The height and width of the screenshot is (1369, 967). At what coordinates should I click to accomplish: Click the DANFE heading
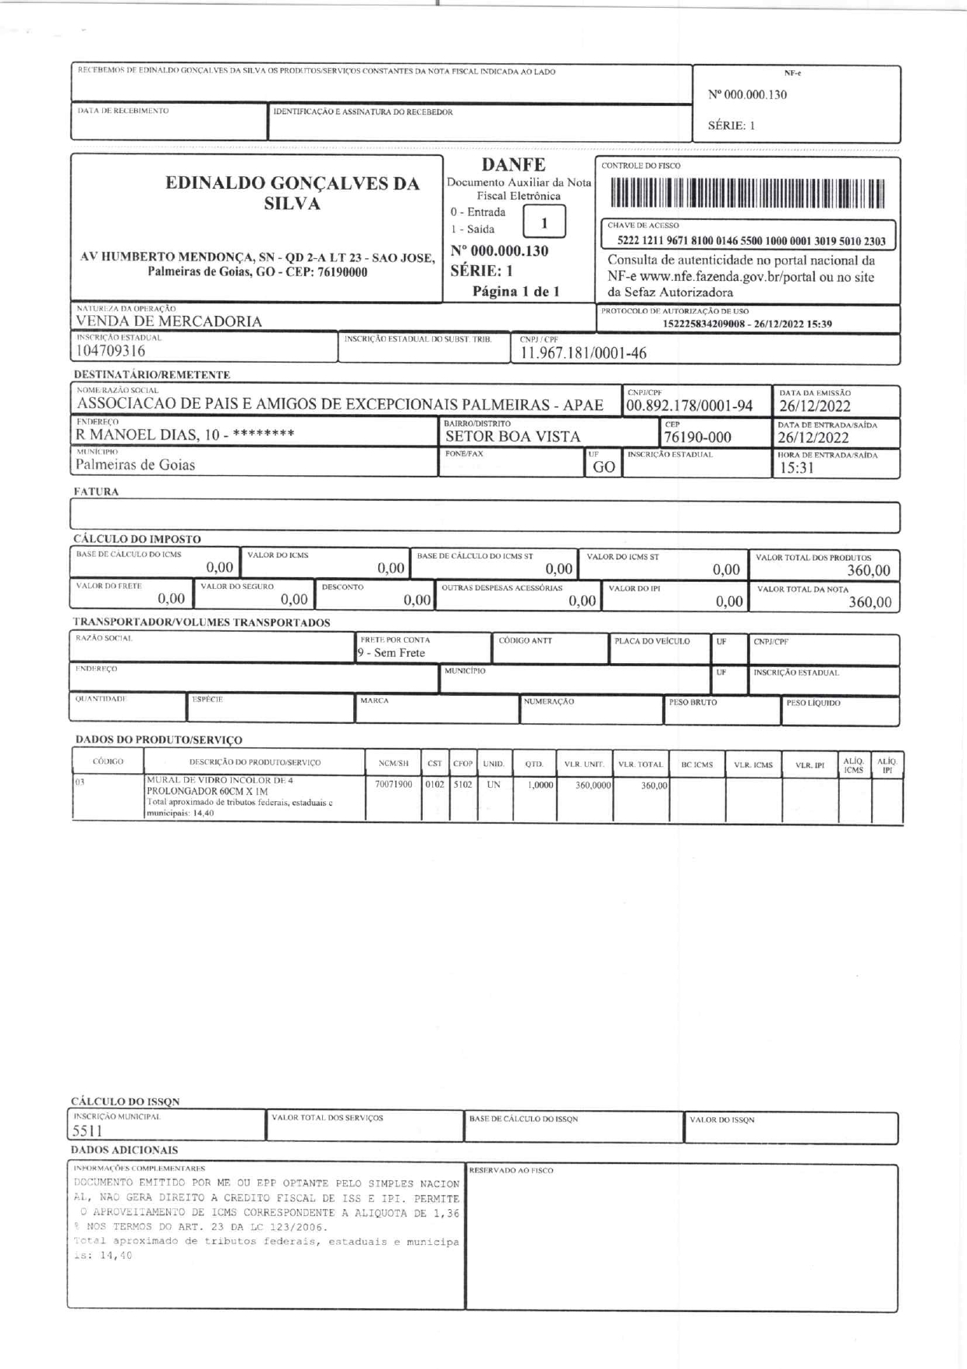point(513,165)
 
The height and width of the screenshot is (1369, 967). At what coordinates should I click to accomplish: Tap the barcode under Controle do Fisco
point(747,193)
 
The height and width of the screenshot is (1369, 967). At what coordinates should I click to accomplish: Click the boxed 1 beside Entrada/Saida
point(544,222)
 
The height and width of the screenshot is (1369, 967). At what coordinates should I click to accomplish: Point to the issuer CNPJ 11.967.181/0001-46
point(583,353)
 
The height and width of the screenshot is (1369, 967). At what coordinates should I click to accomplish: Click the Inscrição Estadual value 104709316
point(110,352)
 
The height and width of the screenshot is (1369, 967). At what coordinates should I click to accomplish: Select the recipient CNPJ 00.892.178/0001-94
point(689,406)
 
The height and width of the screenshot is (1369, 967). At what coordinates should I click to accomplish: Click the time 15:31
point(797,468)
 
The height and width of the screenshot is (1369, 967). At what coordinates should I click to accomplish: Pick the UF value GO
point(604,467)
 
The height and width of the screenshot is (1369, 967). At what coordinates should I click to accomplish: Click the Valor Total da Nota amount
point(870,602)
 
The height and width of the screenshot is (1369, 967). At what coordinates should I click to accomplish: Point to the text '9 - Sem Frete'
point(391,653)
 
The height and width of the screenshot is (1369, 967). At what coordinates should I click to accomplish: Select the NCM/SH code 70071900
point(393,785)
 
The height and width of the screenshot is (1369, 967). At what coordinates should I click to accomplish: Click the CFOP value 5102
point(462,785)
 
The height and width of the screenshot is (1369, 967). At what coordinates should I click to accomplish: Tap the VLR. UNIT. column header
point(584,764)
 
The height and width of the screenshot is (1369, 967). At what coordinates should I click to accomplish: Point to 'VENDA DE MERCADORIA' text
point(168,321)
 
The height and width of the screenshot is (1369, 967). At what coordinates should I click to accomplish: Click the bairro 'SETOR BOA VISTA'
point(512,438)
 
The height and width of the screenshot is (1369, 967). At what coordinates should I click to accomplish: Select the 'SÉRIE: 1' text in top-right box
point(731,126)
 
